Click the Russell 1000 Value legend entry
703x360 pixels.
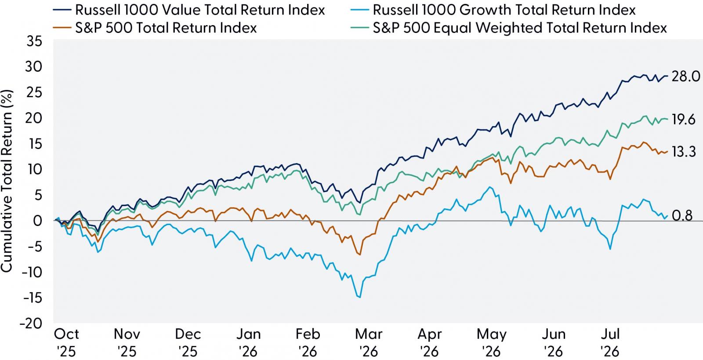pyautogui.click(x=189, y=10)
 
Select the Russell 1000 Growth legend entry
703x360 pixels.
pyautogui.click(x=493, y=10)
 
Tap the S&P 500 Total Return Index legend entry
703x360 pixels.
pyautogui.click(x=155, y=28)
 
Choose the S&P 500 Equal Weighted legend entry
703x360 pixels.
pyautogui.click(x=508, y=28)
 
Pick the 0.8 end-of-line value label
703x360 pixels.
pyautogui.click(x=682, y=216)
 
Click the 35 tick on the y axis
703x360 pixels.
pyautogui.click(x=34, y=41)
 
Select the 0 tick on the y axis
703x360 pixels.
pyautogui.click(x=38, y=221)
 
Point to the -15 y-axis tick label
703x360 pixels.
pyautogui.click(x=33, y=298)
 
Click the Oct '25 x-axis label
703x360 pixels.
pyautogui.click(x=66, y=343)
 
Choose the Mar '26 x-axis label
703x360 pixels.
pyautogui.click(x=369, y=343)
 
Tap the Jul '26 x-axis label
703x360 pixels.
pyautogui.click(x=610, y=343)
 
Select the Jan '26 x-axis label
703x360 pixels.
pyautogui.click(x=249, y=343)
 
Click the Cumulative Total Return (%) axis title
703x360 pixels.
pyautogui.click(x=7, y=182)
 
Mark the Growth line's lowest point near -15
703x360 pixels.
pyautogui.click(x=360, y=297)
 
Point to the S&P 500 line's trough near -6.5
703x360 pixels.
pyautogui.click(x=360, y=255)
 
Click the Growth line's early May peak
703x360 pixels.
pyautogui.click(x=490, y=187)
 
